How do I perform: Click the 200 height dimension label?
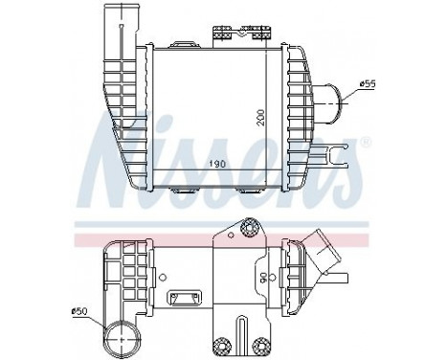(260, 117)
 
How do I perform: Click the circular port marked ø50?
(123, 338)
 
